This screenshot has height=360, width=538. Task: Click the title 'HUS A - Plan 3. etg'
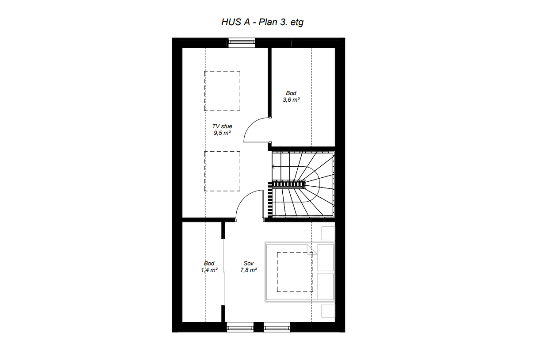coord(262,22)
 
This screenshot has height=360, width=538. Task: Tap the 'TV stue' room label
coord(222,126)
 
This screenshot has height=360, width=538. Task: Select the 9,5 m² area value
coord(222,132)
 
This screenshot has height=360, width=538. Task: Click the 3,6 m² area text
coord(291,100)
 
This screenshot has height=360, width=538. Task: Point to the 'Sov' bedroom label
coord(248,264)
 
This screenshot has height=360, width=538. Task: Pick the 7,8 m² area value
coord(249,270)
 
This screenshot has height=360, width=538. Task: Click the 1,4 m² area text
coord(209,270)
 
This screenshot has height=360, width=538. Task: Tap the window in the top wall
coord(242,43)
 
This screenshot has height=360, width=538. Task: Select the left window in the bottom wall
coord(239,327)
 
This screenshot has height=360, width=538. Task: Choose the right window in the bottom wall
coord(277,327)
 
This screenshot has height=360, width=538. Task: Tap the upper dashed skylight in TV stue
coord(222,91)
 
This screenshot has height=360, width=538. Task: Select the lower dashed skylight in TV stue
coord(222,171)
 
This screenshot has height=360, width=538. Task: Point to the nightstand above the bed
coord(328,233)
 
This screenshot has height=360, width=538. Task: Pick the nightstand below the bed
coord(328,311)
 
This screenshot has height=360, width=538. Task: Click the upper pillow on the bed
coord(326,257)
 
